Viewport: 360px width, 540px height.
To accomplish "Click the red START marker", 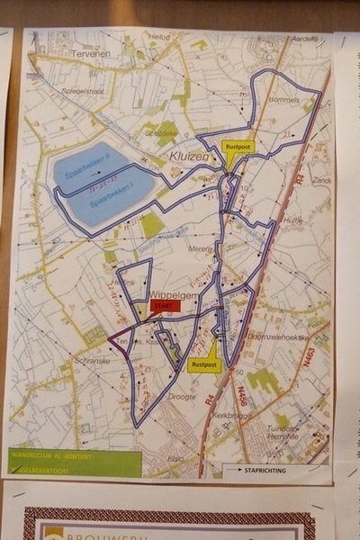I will click(166, 306).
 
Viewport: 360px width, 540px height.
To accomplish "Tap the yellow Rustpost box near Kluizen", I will click(238, 146).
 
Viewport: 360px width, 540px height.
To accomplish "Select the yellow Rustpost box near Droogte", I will click(202, 364).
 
